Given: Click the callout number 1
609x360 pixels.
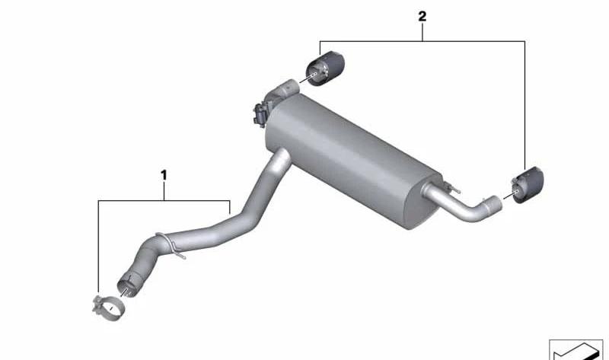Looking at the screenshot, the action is click(x=164, y=175).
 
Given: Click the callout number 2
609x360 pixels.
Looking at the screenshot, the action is click(x=422, y=16).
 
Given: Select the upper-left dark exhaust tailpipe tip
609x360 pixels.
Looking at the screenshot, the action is click(x=326, y=68).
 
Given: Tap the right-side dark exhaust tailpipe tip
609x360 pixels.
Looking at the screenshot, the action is click(x=528, y=185).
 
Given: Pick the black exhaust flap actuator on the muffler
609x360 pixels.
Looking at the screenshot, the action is click(x=260, y=112).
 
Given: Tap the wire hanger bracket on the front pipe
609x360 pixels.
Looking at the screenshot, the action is click(x=171, y=245).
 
